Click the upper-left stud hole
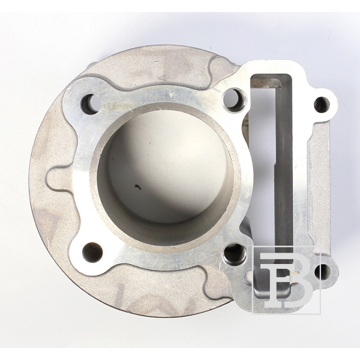(x=91, y=104)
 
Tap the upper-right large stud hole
(x=235, y=100)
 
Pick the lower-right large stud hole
(x=234, y=253)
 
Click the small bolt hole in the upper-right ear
(x=322, y=104)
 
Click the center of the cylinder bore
(x=165, y=175)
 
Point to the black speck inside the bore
(x=138, y=187)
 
